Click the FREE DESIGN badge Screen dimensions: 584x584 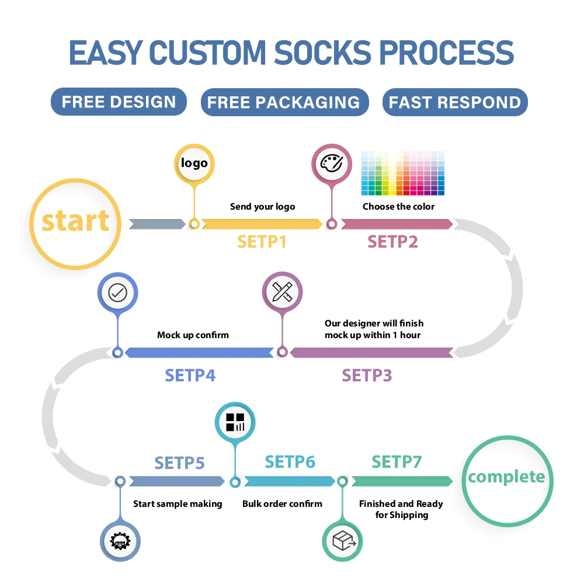pos(119,102)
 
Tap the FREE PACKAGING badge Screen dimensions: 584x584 pos(284,102)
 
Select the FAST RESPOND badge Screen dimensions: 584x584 pos(455,102)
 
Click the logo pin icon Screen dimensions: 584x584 pos(194,164)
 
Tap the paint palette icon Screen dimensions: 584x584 pos(332,164)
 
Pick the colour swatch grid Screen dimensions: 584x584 pos(402,173)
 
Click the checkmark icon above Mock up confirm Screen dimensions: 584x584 pos(118,293)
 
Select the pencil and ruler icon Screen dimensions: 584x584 pos(282,291)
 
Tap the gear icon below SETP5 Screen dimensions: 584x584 pos(120,541)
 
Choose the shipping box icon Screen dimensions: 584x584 pos(342,541)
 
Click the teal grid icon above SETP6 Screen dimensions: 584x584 pos(235,422)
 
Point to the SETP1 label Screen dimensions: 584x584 pos(262,242)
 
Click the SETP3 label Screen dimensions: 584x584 pos(367,376)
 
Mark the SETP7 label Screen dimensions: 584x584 pos(397,462)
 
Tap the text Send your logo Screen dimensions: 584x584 pos(263,207)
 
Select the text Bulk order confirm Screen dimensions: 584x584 pos(282,504)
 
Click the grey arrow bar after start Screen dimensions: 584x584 pos(157,224)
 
